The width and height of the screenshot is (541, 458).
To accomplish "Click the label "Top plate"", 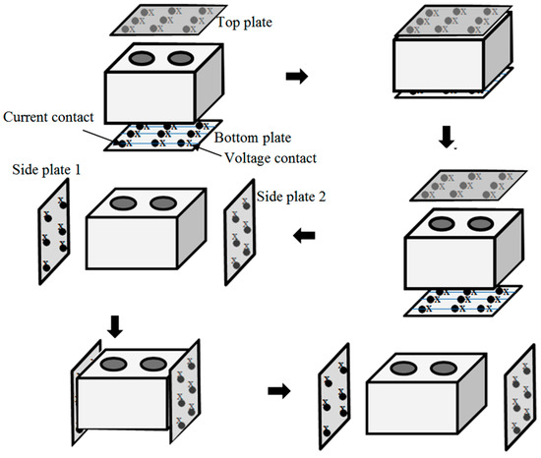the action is coord(244,23).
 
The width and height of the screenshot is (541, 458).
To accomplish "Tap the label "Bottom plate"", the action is coord(253,138).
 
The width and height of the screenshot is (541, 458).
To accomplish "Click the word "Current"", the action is coord(25,117).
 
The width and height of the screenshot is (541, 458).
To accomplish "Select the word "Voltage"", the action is coord(246,158).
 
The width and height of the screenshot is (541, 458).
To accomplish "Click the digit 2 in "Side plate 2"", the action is coord(322,197).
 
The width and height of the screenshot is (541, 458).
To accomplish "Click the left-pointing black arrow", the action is coord(304,236).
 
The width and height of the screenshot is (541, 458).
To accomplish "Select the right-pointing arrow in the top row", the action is coord(297,76).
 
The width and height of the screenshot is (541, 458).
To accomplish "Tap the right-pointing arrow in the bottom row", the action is coord(279,391).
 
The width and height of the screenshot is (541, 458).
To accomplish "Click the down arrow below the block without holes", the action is coord(447,137).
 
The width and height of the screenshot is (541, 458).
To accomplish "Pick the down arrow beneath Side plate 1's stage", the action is coord(115,326).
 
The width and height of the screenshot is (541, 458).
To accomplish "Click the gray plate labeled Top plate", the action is coord(168,20).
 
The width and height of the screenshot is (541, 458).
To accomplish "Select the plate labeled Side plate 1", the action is coord(54,232).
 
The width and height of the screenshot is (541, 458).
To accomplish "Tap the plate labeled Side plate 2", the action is coord(240,233).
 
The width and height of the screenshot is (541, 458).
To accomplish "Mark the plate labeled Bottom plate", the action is coord(163,136).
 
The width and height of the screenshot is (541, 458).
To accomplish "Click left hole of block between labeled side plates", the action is coord(123,203).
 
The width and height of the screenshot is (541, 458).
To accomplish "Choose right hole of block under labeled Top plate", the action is coord(181,58).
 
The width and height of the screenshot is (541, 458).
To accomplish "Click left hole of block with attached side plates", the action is coord(114,365).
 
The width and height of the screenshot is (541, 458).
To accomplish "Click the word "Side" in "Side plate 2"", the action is coord(269,197).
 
